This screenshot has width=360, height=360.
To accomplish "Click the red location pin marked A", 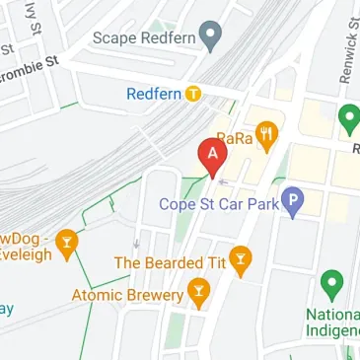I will pyautogui.click(x=210, y=156).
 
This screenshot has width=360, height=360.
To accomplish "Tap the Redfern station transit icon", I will pyautogui.click(x=194, y=95).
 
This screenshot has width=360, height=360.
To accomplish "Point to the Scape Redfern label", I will pyautogui.click(x=144, y=37).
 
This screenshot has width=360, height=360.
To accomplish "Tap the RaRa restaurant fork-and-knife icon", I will pyautogui.click(x=264, y=134).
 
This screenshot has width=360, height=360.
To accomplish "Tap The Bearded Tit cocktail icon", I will pyautogui.click(x=240, y=261).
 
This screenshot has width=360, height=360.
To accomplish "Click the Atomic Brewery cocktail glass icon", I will pyautogui.click(x=199, y=293).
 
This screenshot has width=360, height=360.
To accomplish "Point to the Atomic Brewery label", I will pyautogui.click(x=128, y=294).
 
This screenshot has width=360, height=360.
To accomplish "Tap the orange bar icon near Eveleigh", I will pyautogui.click(x=66, y=242).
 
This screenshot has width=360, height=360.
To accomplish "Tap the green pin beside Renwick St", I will pyautogui.click(x=348, y=120).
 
